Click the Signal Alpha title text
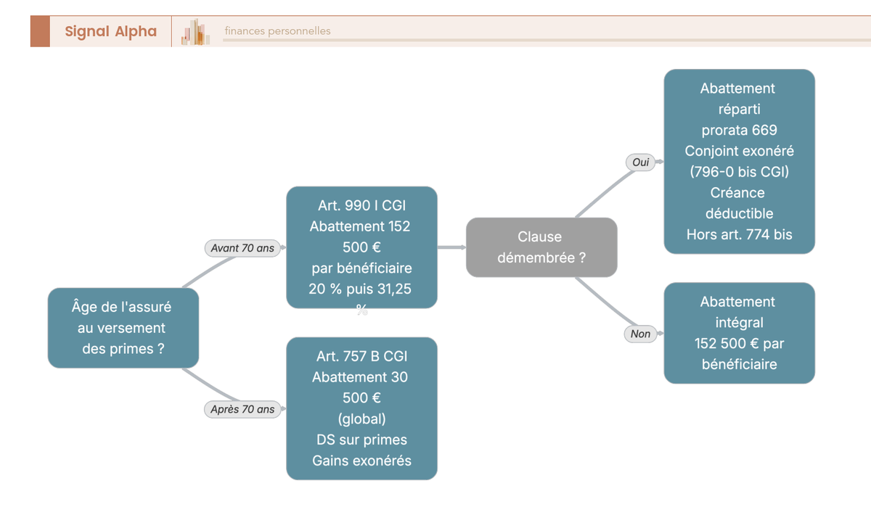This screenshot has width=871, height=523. (111, 31)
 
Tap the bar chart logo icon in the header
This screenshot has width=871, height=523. (195, 32)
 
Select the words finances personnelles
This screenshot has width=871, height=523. (277, 30)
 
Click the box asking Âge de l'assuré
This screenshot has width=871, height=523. (123, 328)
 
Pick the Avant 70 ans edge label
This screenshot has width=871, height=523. (242, 248)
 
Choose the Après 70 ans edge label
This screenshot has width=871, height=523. (242, 409)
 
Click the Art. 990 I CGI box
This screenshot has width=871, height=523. (361, 247)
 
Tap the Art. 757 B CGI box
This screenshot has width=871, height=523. (361, 408)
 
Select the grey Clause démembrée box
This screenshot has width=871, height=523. (541, 247)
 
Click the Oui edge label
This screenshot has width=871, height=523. (640, 162)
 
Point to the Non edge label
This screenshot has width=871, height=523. (640, 334)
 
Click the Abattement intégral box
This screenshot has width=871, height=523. (739, 333)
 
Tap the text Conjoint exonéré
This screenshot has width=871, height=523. (739, 151)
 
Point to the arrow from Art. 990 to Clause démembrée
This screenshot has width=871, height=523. (451, 247)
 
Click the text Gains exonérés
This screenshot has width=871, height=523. (361, 461)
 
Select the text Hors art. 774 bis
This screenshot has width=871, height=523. (739, 234)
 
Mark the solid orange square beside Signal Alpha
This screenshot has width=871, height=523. (40, 31)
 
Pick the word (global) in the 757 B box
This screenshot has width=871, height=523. (361, 419)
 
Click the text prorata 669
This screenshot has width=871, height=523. (739, 130)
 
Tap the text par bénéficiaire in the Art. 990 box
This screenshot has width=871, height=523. (361, 268)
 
